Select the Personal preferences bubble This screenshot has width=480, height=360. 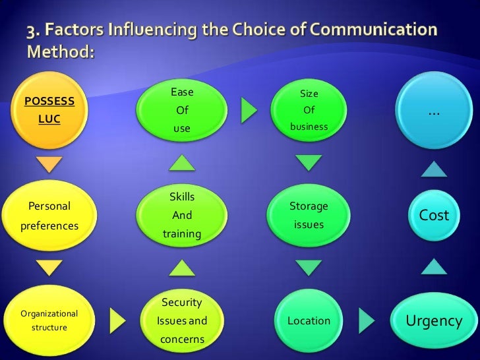click(x=49, y=216)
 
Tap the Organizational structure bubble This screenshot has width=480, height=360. click(x=49, y=320)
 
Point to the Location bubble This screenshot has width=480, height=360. click(x=309, y=321)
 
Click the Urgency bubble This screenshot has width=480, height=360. click(x=433, y=321)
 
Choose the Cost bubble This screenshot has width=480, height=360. click(x=433, y=216)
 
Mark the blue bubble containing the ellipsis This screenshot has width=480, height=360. click(x=433, y=112)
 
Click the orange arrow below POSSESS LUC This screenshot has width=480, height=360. click(x=49, y=164)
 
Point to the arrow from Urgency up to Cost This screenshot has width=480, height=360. click(x=433, y=266)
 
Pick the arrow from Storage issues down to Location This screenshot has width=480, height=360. click(x=309, y=268)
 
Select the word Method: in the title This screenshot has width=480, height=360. click(x=61, y=51)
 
